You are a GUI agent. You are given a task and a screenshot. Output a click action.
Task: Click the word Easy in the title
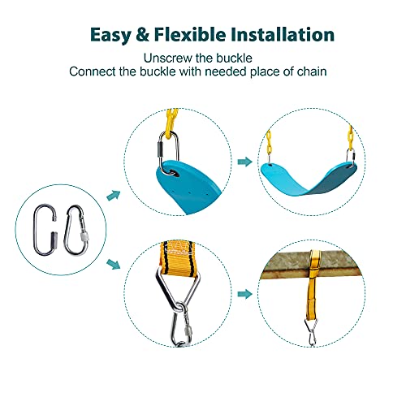point(111,35)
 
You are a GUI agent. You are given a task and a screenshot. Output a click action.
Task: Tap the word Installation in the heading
point(282,35)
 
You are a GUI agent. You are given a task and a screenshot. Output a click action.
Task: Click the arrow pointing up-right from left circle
point(114,194)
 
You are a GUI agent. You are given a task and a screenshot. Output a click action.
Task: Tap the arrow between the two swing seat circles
point(243,162)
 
